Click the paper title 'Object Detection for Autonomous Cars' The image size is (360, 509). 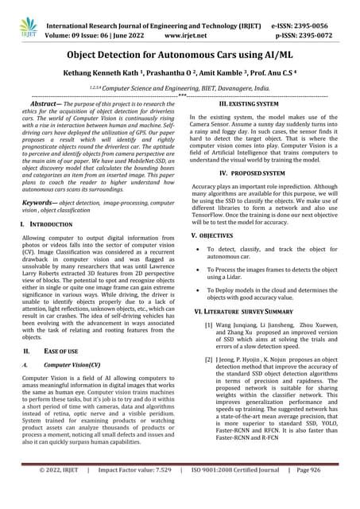point(180,55)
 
